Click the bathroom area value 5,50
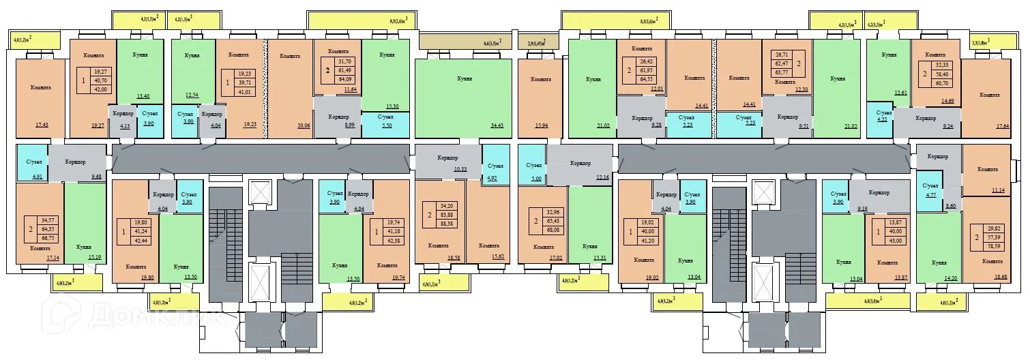[x=386, y=125]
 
